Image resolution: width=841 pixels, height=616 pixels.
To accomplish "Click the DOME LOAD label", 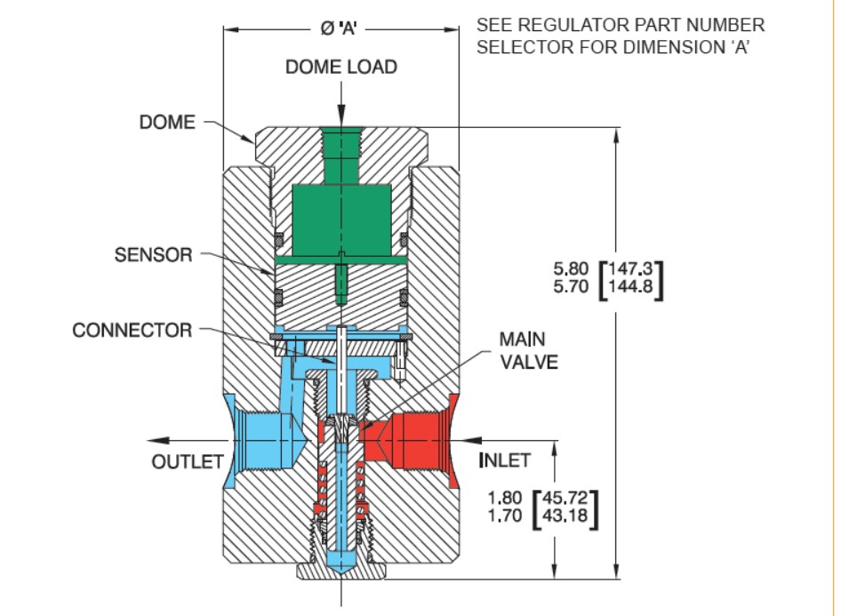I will point(340,68).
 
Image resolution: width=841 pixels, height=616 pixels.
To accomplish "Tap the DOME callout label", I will point(167,123).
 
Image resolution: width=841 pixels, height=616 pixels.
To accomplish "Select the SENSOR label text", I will point(153,256).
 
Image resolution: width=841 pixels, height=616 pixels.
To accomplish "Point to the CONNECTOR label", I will point(132,331).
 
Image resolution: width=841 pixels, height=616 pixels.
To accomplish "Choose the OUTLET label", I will point(185,461).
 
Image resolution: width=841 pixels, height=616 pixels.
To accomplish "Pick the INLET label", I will point(504,460).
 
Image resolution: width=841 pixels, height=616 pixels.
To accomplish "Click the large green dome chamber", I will point(342,220).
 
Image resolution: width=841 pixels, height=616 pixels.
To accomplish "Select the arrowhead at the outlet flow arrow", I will point(156,438).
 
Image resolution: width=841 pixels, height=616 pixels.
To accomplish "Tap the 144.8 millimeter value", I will point(635,287).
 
